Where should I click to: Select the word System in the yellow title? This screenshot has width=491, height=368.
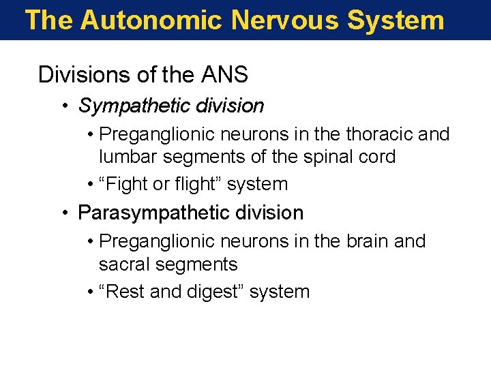click(396, 20)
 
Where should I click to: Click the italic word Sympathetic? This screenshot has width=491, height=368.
click(134, 106)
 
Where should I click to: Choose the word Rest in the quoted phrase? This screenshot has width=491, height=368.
click(128, 292)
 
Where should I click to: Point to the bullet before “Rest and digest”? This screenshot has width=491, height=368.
click(91, 292)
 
